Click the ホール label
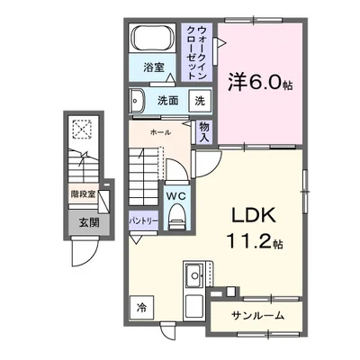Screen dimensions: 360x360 (160, 132)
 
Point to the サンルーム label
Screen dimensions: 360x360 (258, 316)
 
